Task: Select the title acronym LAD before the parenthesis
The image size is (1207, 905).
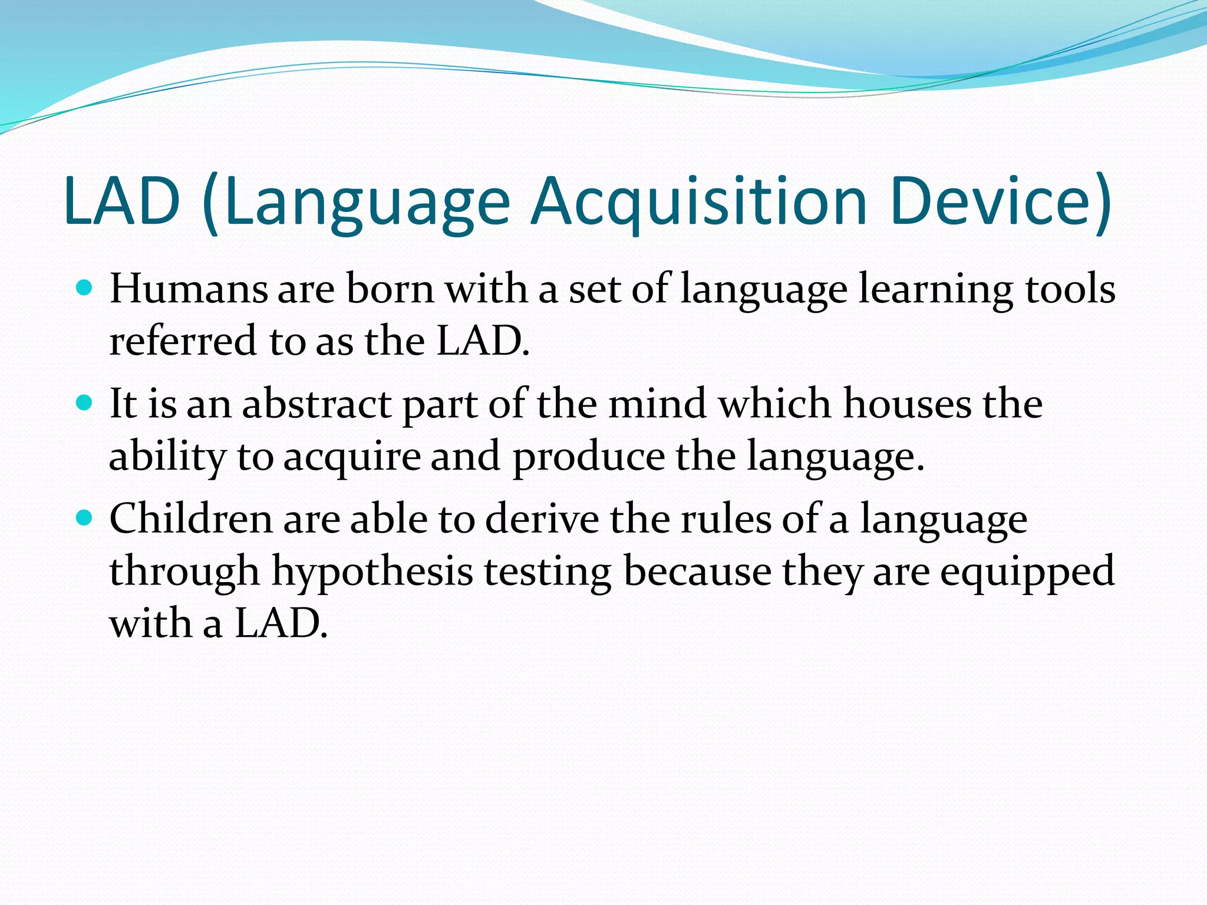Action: click(x=122, y=202)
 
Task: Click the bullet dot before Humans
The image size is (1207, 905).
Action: click(x=85, y=288)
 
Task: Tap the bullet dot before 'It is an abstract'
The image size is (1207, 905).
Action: click(x=85, y=403)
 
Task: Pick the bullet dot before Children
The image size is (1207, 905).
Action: click(x=85, y=518)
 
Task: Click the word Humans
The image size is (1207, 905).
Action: click(x=189, y=289)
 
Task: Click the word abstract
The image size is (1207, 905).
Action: click(x=316, y=404)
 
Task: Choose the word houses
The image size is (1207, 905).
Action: click(x=907, y=404)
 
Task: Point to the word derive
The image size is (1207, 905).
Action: click(x=542, y=519)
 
